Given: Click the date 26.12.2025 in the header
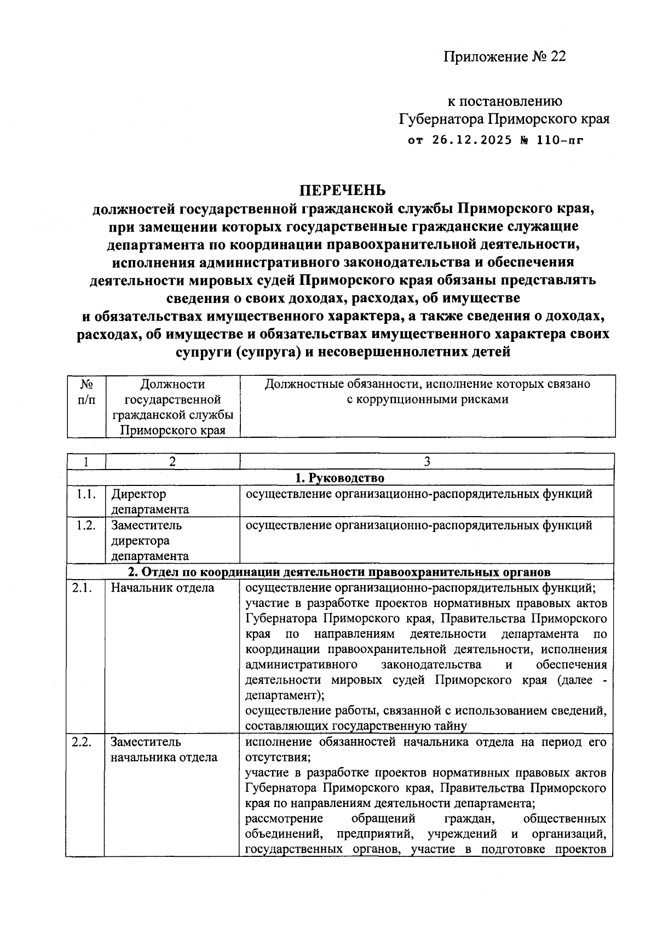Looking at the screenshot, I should coord(472,140).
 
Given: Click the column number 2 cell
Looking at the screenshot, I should coord(172,461).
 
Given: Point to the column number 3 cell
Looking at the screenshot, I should coord(427,461).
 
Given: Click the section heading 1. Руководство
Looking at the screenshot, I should coord(339,478).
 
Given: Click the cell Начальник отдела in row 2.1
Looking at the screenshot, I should coord(163,588).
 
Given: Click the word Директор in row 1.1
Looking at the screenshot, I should coord(139,494).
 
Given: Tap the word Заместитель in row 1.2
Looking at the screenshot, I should coord(146,525).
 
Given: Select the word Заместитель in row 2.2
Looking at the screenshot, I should coord(146,742).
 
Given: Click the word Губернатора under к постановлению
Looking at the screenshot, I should coord(441,119).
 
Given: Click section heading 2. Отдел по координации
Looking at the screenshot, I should coord(339,572).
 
